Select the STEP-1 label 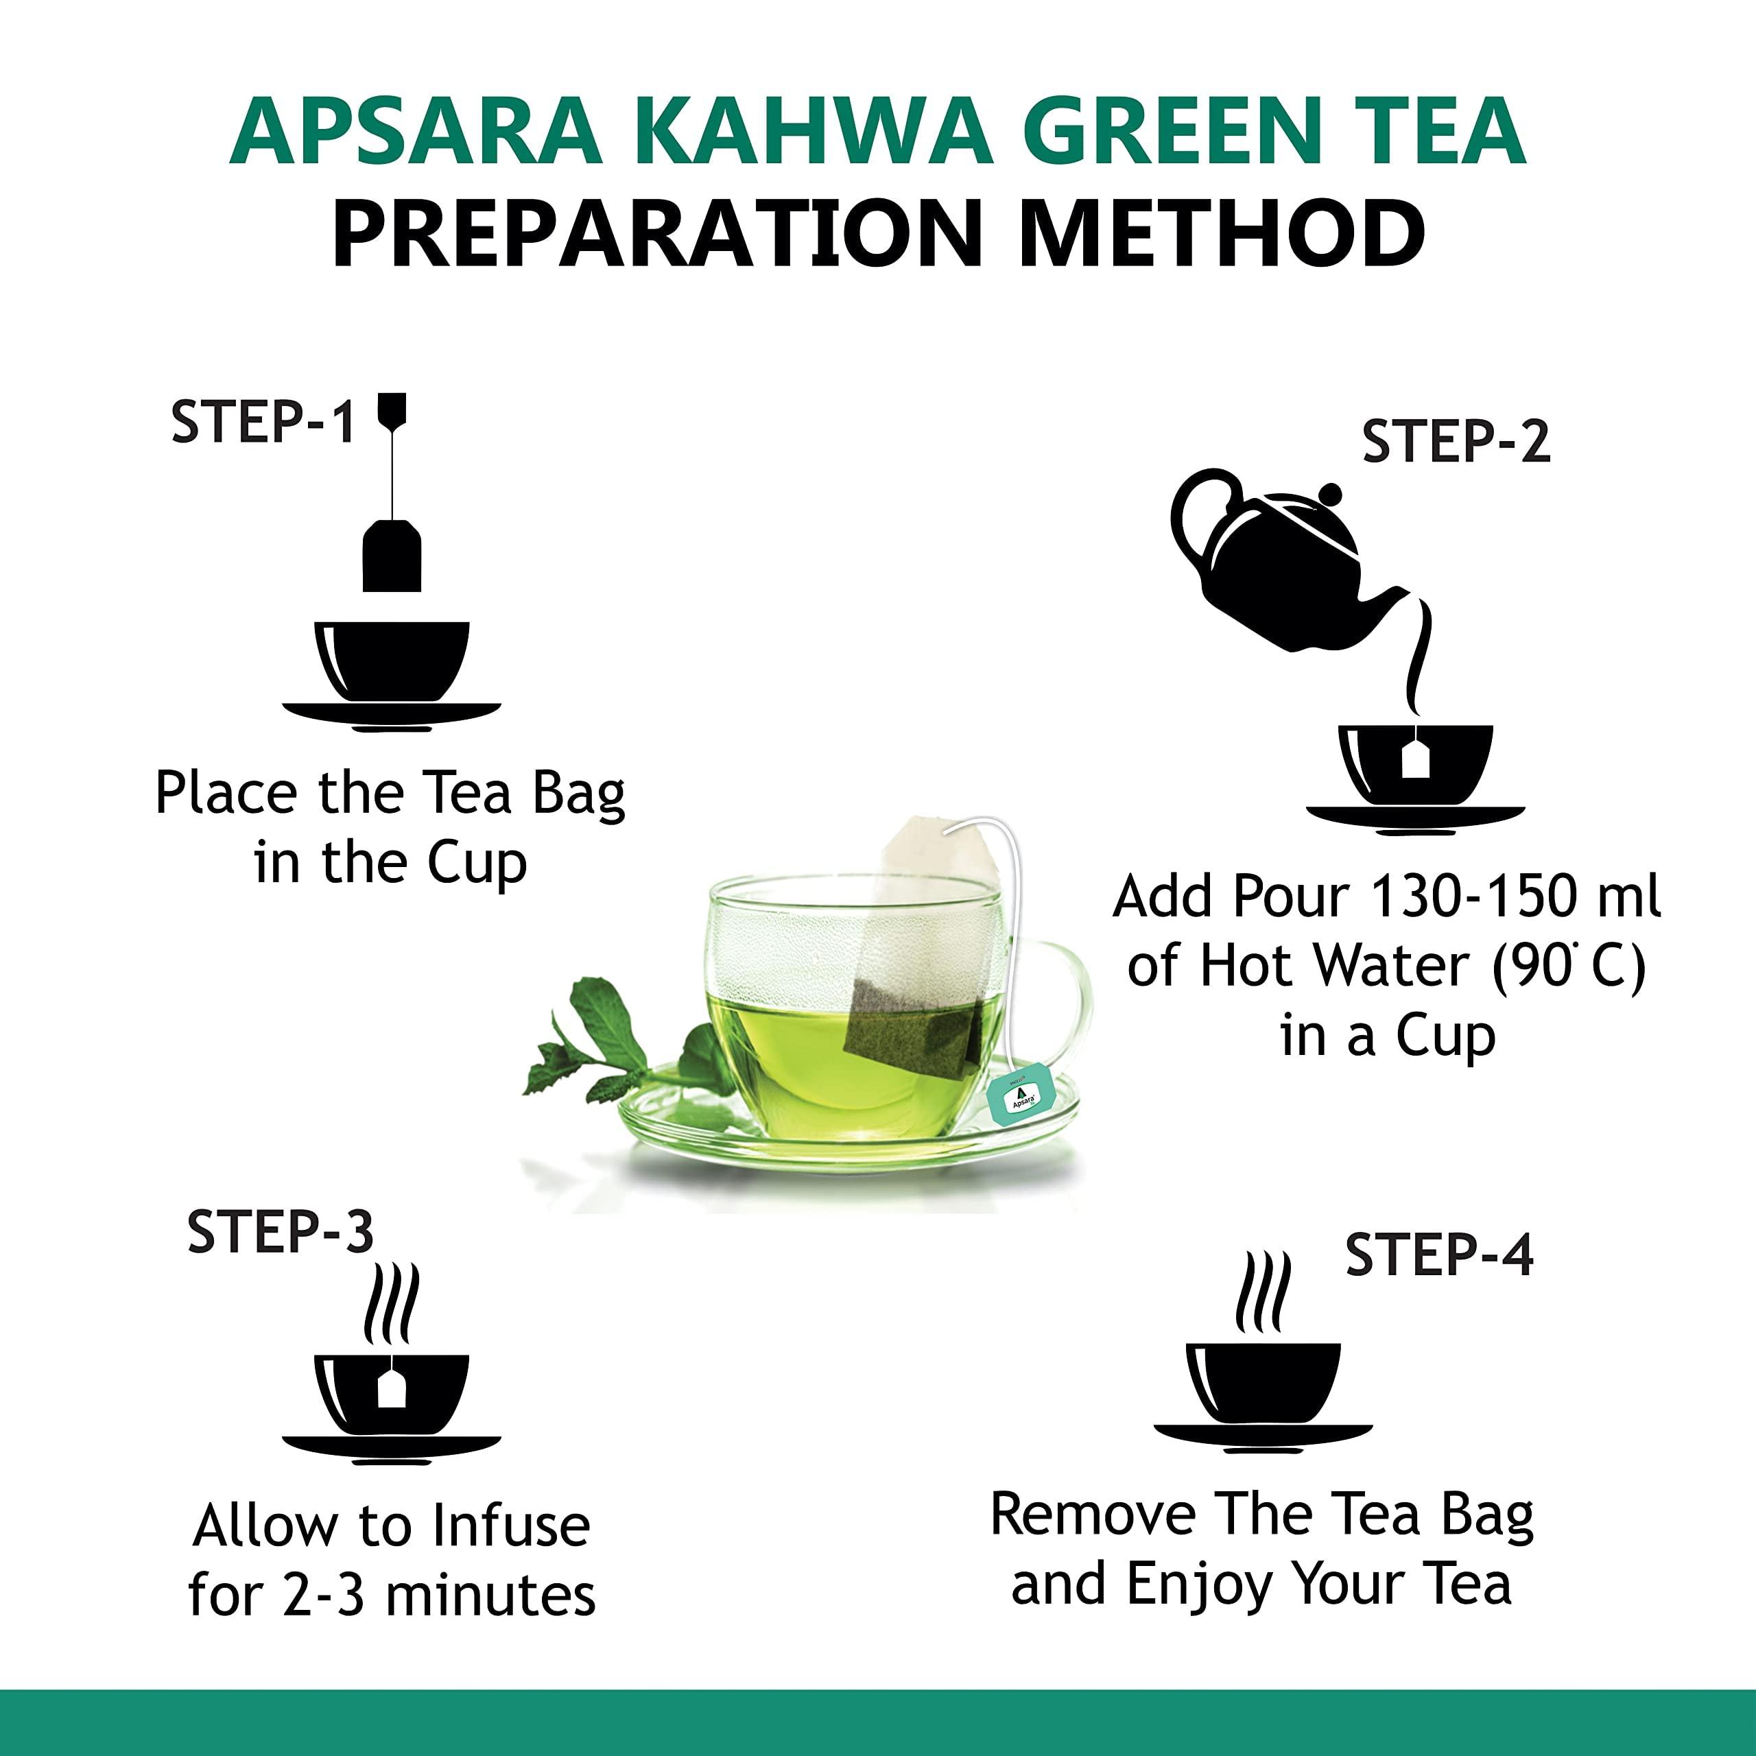click(x=263, y=423)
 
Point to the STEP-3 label click(x=280, y=1233)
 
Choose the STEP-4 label click(x=1439, y=1255)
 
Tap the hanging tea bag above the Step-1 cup click(x=392, y=556)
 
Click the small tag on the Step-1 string click(x=392, y=410)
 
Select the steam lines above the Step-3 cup click(x=391, y=1305)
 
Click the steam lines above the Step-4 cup click(x=1263, y=1292)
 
